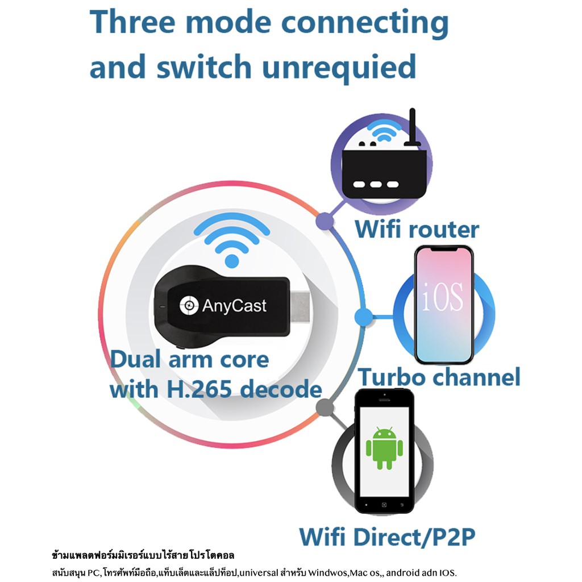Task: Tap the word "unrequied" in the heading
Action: click(339, 68)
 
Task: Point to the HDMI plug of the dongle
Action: click(300, 307)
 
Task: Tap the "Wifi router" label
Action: click(417, 230)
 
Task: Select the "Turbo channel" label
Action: click(439, 377)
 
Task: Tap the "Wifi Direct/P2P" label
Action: click(387, 537)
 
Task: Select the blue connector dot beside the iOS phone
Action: click(362, 317)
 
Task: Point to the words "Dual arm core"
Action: click(189, 360)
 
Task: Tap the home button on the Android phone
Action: click(384, 504)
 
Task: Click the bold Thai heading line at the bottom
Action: click(143, 554)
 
